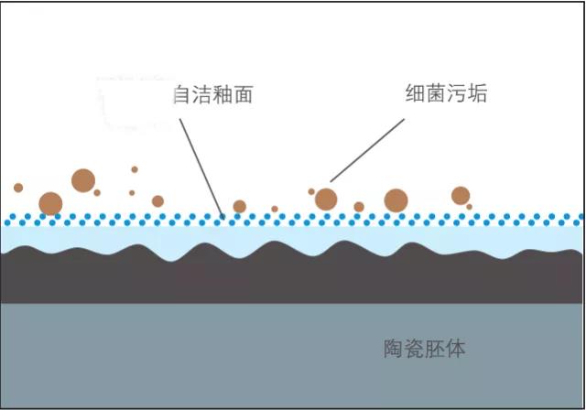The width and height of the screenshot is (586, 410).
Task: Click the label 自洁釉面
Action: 212,94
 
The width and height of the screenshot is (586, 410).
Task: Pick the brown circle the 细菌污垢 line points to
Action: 325,199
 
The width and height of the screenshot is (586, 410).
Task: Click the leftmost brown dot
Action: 18,188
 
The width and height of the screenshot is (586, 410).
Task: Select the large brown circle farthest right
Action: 461,195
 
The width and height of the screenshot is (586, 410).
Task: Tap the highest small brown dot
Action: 135,169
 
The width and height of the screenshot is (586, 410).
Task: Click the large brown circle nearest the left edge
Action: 50,203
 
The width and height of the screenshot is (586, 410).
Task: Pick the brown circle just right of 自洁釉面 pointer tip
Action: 239,207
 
